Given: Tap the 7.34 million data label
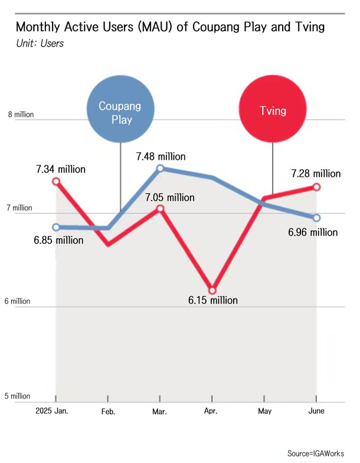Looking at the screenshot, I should coord(60,169).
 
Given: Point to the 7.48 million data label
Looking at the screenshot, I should coord(161,157).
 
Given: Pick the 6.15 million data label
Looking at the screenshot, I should coord(213,300).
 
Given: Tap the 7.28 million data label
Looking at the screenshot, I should coord(316,173).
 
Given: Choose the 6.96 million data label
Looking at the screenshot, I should coord(313,232).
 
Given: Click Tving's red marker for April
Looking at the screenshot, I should coord(212,290).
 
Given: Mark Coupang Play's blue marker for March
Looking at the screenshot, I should coord(160,169).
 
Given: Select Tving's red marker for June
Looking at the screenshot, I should coord(316,187).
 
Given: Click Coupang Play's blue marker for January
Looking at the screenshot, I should coord(56,227).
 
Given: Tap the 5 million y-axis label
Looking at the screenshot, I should coord(18,396).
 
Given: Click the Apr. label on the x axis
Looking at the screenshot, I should coord(211,411).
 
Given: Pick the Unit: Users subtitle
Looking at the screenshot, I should coord(40,43).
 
